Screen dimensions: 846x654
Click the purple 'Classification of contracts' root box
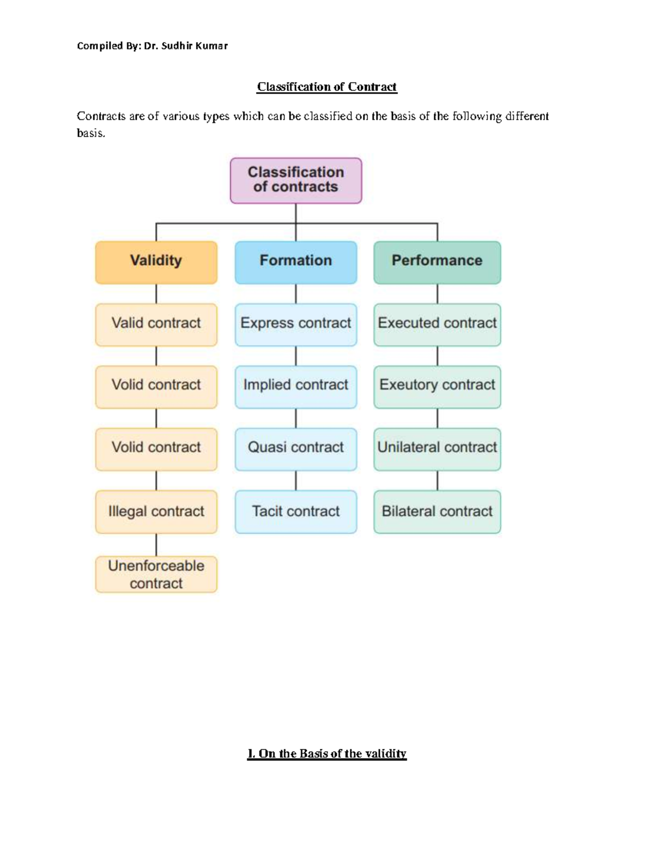295,180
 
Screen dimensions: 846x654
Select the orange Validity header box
156,262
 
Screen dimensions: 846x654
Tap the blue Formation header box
295,262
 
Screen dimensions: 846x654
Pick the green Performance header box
437,262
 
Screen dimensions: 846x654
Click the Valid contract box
156,324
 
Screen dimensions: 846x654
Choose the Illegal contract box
156,512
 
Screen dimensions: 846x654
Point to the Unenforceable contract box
156,574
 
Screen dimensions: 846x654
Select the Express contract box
295,324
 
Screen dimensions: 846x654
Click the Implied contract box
295,386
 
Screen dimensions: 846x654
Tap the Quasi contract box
295,449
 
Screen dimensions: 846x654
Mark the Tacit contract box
295,512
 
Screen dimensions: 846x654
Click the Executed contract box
437,324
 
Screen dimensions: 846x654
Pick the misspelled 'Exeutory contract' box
437,386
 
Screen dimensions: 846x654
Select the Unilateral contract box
437,449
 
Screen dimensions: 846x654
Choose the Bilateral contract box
437,512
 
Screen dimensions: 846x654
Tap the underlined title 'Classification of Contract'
327,87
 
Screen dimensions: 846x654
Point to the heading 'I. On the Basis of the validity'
327,753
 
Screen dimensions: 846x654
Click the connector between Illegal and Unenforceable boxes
156,544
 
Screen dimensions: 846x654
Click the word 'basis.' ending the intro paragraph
90,133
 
